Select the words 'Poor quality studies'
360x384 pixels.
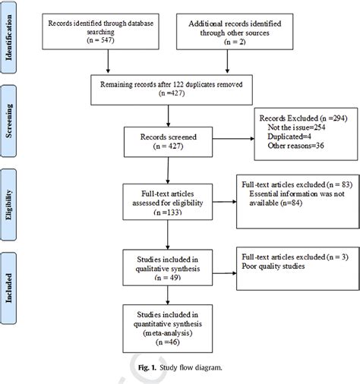(x=276, y=267)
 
